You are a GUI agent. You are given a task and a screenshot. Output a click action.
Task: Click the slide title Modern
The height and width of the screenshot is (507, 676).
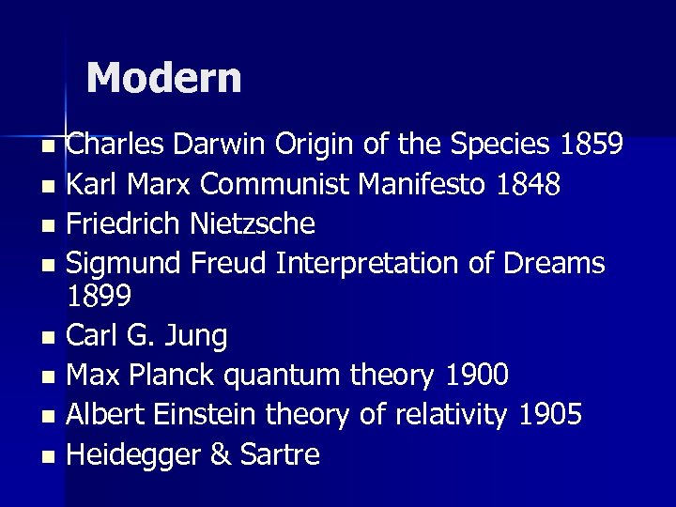tap(163, 78)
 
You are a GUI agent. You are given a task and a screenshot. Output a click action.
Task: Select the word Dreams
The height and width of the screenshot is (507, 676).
tap(554, 264)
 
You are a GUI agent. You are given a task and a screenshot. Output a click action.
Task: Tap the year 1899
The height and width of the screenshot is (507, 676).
tap(100, 296)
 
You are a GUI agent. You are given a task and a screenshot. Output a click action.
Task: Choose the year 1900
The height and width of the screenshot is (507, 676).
tap(476, 376)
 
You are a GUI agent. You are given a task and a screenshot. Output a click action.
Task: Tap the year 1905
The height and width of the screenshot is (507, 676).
tap(549, 415)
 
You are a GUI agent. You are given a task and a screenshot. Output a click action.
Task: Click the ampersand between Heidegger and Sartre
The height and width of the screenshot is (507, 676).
tap(222, 455)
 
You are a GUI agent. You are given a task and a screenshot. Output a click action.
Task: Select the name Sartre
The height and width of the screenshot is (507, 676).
tap(281, 455)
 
